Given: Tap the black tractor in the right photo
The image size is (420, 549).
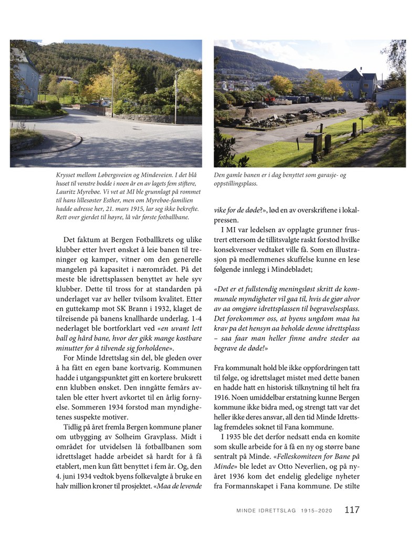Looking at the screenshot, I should pyautogui.click(x=258, y=104).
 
